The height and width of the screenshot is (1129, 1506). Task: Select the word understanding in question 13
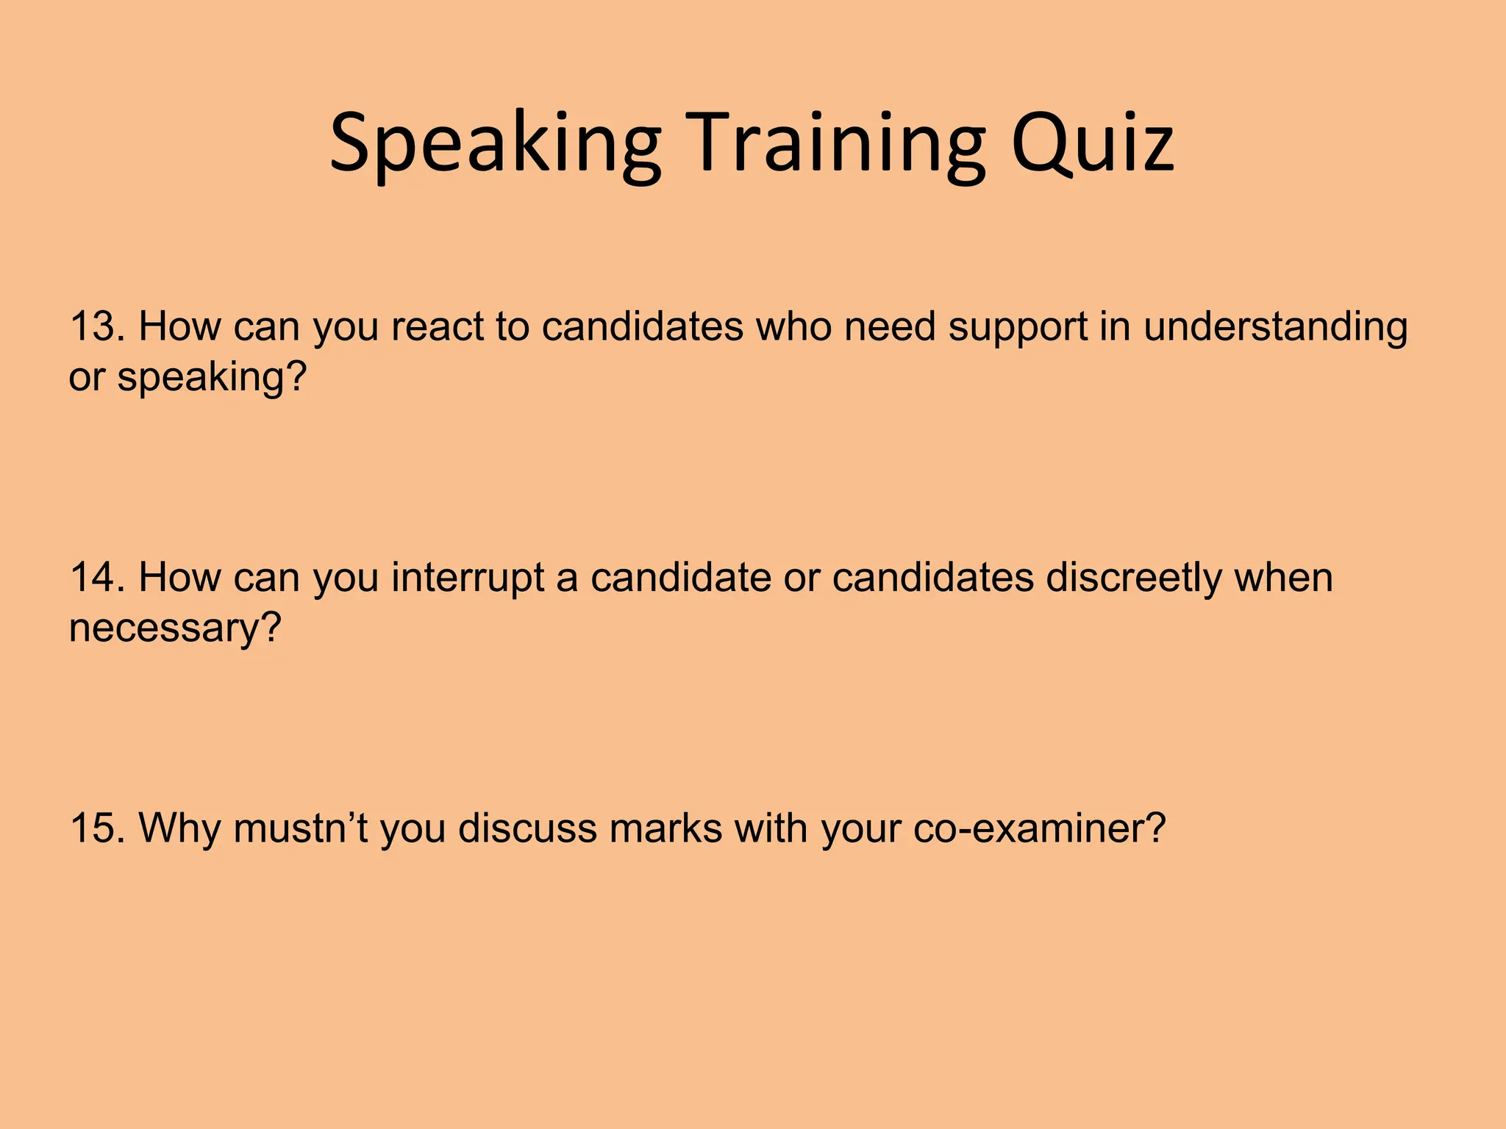[x=1276, y=328]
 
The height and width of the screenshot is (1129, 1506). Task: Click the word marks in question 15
[x=666, y=828]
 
